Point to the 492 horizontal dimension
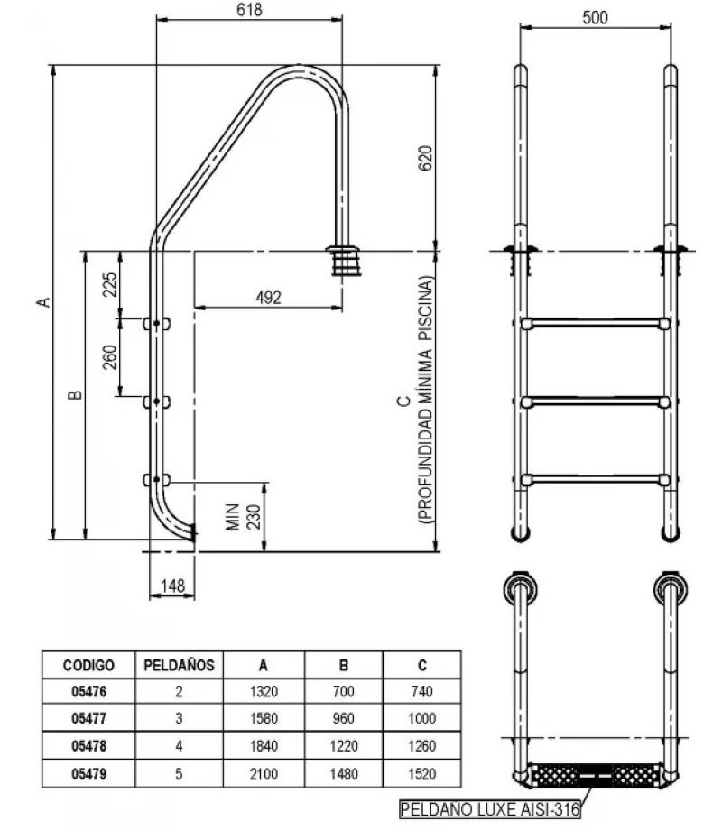coord(269,297)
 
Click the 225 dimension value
coord(110,284)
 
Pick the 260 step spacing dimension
coord(110,357)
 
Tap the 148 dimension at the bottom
coord(171,586)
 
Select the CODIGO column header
coord(88,666)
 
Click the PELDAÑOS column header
coord(179,666)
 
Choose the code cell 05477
coord(88,719)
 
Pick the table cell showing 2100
coord(264,773)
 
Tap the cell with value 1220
coord(344,746)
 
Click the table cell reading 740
coord(421,692)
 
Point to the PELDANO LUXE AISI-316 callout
coord(491,809)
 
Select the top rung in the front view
coord(594,323)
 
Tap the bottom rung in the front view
coord(594,478)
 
